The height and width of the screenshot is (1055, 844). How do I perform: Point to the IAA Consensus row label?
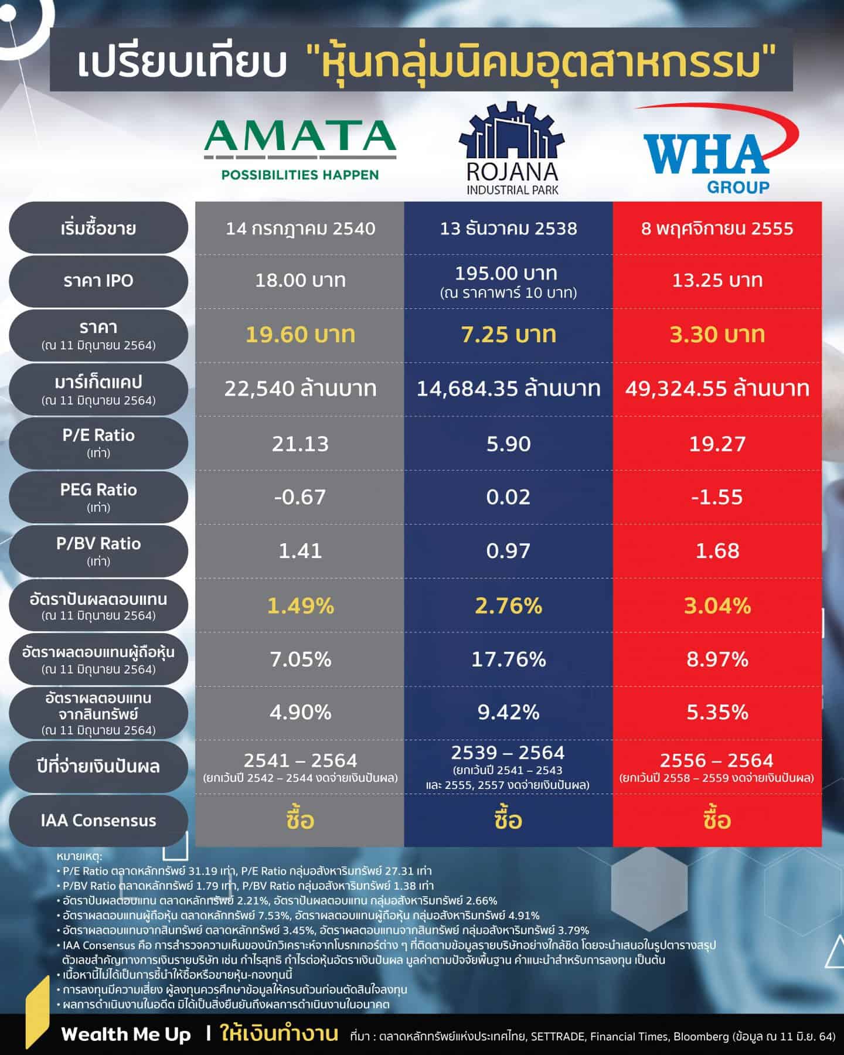tap(98, 820)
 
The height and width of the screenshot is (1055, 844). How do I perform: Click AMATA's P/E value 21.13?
tap(300, 444)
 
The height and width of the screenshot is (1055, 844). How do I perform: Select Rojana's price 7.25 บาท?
tap(509, 335)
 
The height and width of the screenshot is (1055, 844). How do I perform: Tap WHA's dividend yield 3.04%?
tap(717, 605)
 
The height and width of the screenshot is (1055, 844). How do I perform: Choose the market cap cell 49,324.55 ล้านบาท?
tap(717, 389)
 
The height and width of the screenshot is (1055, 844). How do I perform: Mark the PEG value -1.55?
tap(717, 497)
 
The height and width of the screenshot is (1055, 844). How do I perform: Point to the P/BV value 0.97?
tap(509, 551)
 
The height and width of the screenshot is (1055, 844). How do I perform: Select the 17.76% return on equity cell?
tap(509, 659)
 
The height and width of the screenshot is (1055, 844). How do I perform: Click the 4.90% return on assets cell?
tap(300, 713)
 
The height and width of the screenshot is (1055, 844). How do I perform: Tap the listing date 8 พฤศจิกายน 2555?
tap(717, 228)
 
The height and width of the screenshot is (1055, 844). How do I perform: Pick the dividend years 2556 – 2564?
tap(717, 761)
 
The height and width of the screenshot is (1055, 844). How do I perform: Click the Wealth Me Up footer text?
tap(126, 1034)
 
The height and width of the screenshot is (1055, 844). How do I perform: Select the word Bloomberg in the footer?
tap(701, 1036)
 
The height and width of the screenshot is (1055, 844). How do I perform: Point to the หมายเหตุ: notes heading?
tap(80, 856)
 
